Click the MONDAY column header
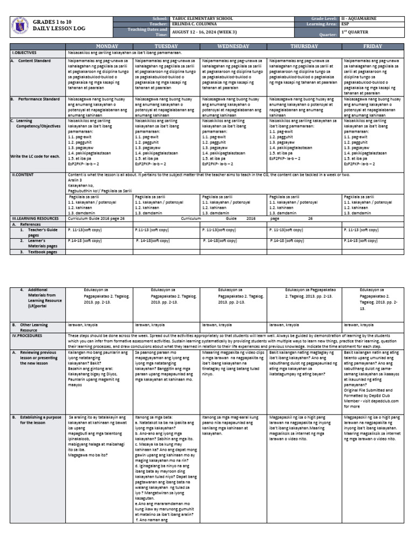[x=99, y=46]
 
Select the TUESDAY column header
[x=166, y=46]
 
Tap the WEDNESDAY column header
[x=233, y=46]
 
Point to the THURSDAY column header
[x=305, y=46]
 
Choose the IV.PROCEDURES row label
[x=30, y=335]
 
